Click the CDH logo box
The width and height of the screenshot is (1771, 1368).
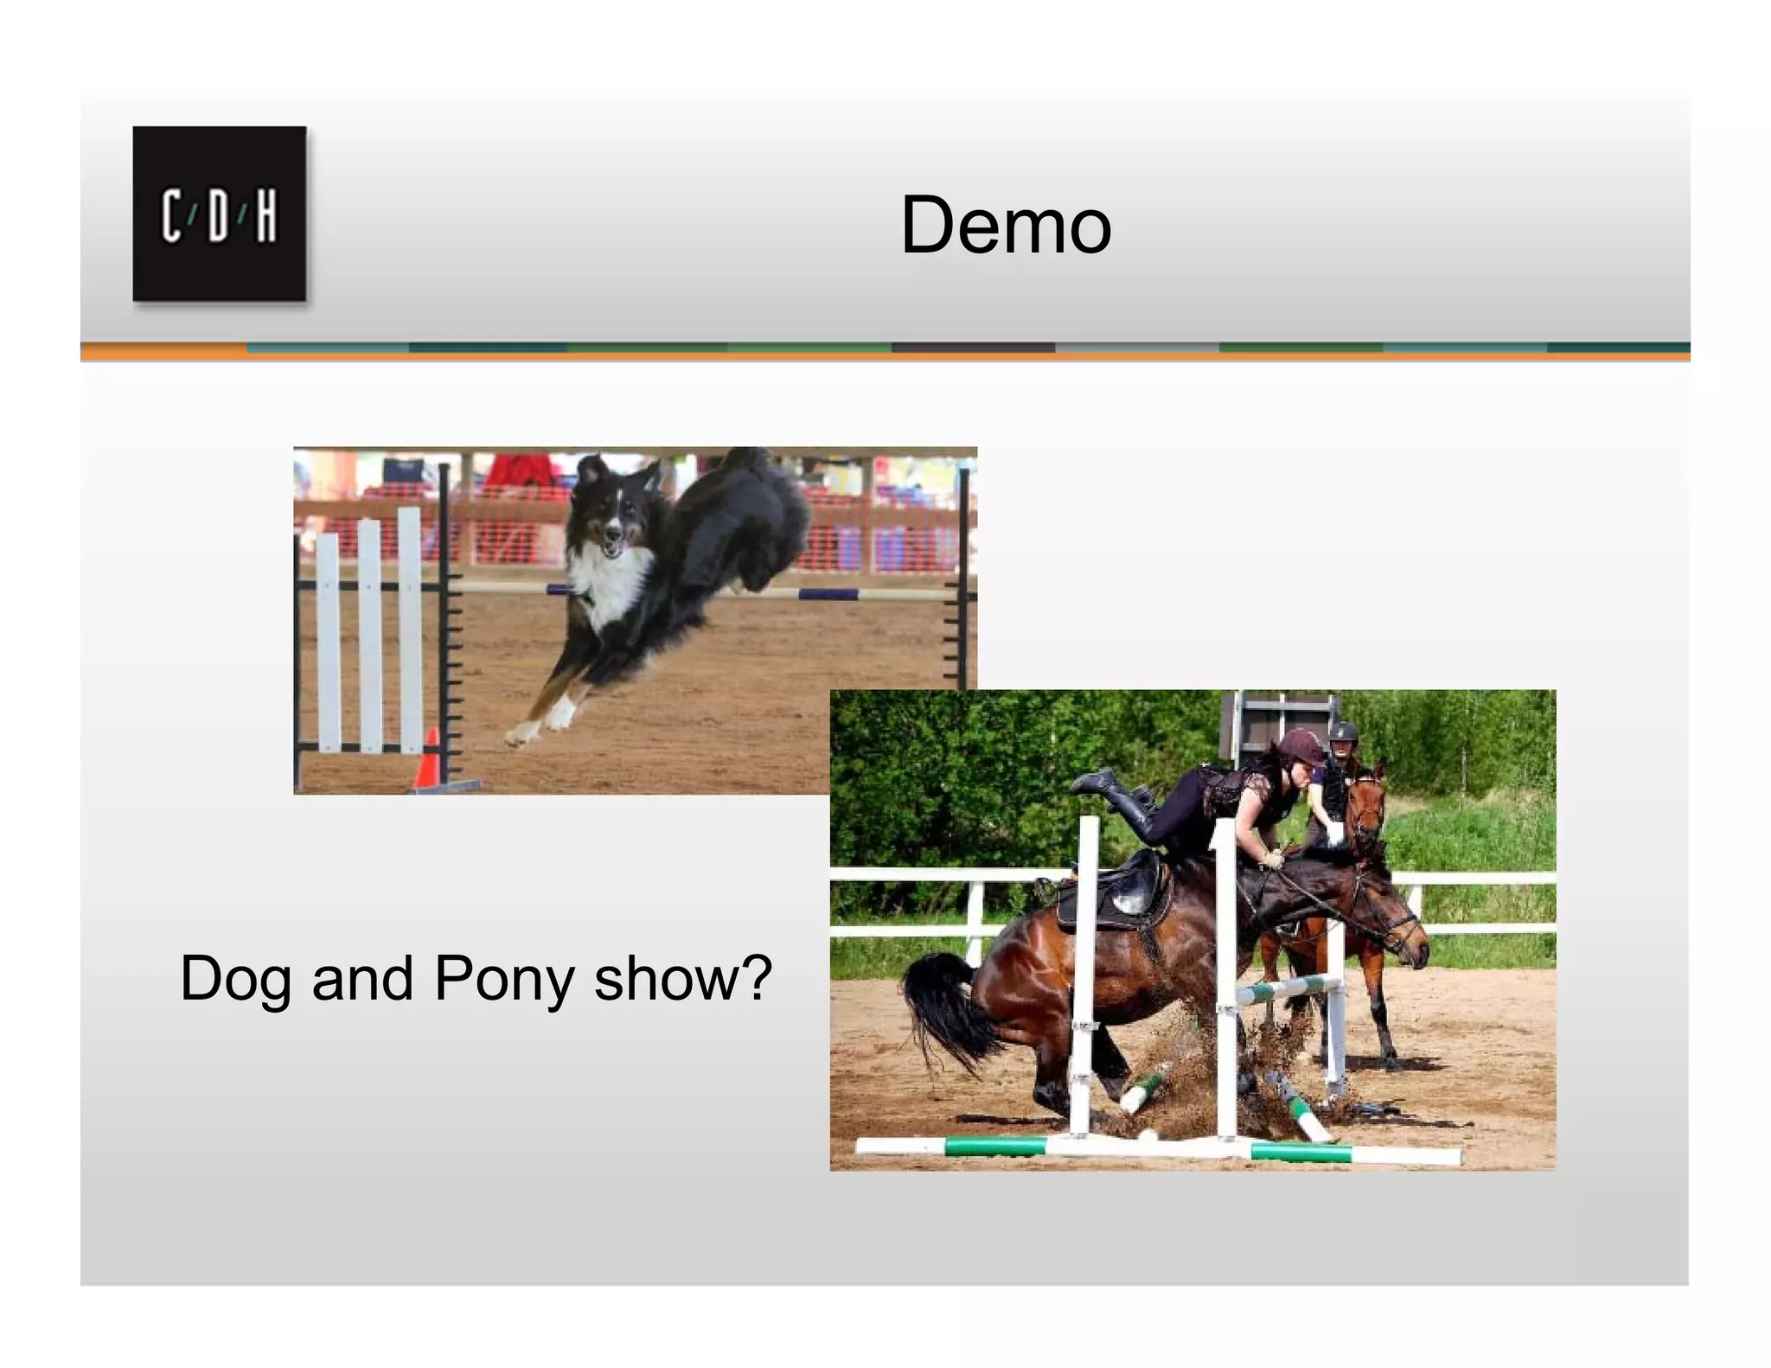coord(219,214)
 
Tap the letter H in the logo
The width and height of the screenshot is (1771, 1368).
coord(266,215)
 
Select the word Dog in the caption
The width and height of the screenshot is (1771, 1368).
coord(235,979)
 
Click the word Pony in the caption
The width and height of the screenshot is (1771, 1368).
coord(504,979)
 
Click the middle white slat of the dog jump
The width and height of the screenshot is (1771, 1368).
coord(369,636)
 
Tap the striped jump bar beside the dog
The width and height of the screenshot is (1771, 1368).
coord(830,594)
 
